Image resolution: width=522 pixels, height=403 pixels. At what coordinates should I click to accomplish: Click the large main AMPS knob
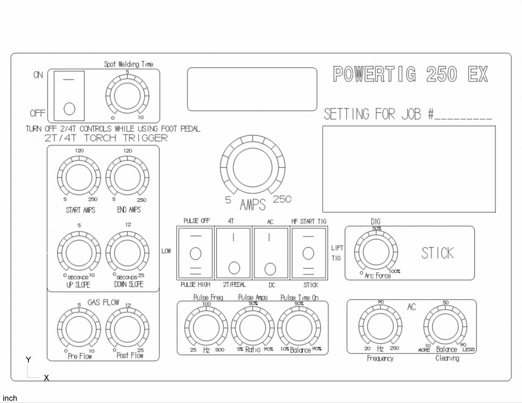pos(252,167)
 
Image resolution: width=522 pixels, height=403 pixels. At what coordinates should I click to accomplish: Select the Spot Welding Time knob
pos(127,96)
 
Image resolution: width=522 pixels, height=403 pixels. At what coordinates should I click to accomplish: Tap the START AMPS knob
pos(79,178)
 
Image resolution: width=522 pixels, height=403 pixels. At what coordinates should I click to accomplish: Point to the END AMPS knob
pos(127,178)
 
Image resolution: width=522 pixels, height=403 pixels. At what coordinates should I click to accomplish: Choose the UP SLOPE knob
pos(79,253)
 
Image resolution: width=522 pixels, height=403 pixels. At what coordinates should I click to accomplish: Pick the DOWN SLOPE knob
pos(127,253)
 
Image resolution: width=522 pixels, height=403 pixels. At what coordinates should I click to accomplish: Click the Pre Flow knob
pos(79,329)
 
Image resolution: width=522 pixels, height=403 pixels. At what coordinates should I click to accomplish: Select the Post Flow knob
pos(127,329)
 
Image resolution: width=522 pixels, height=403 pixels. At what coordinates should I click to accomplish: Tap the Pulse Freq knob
pos(206,328)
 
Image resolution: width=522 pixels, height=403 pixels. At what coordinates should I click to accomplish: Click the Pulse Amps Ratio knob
pos(253,328)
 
